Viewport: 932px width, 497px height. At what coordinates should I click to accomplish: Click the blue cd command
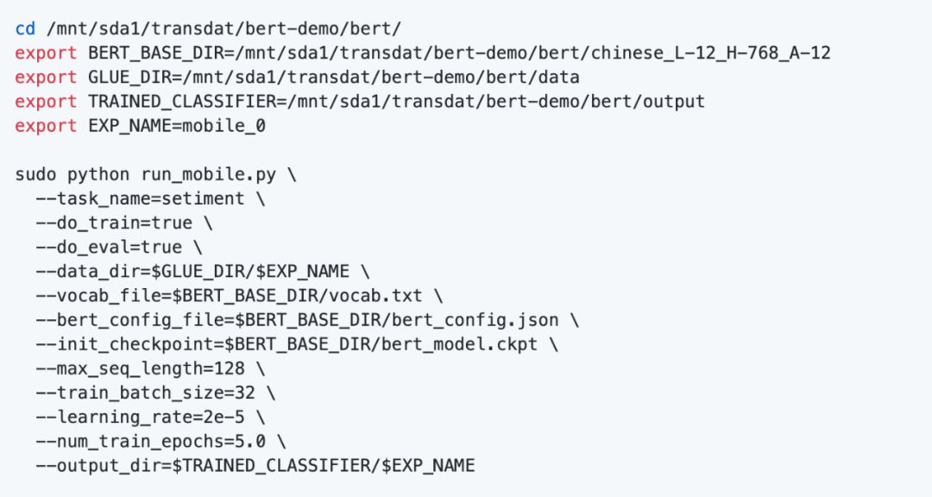[25, 28]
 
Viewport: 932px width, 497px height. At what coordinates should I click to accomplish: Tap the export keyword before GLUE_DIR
[46, 77]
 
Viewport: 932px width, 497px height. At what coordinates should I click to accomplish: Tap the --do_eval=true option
[109, 247]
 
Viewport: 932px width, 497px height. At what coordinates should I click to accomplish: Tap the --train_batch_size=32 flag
[145, 393]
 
